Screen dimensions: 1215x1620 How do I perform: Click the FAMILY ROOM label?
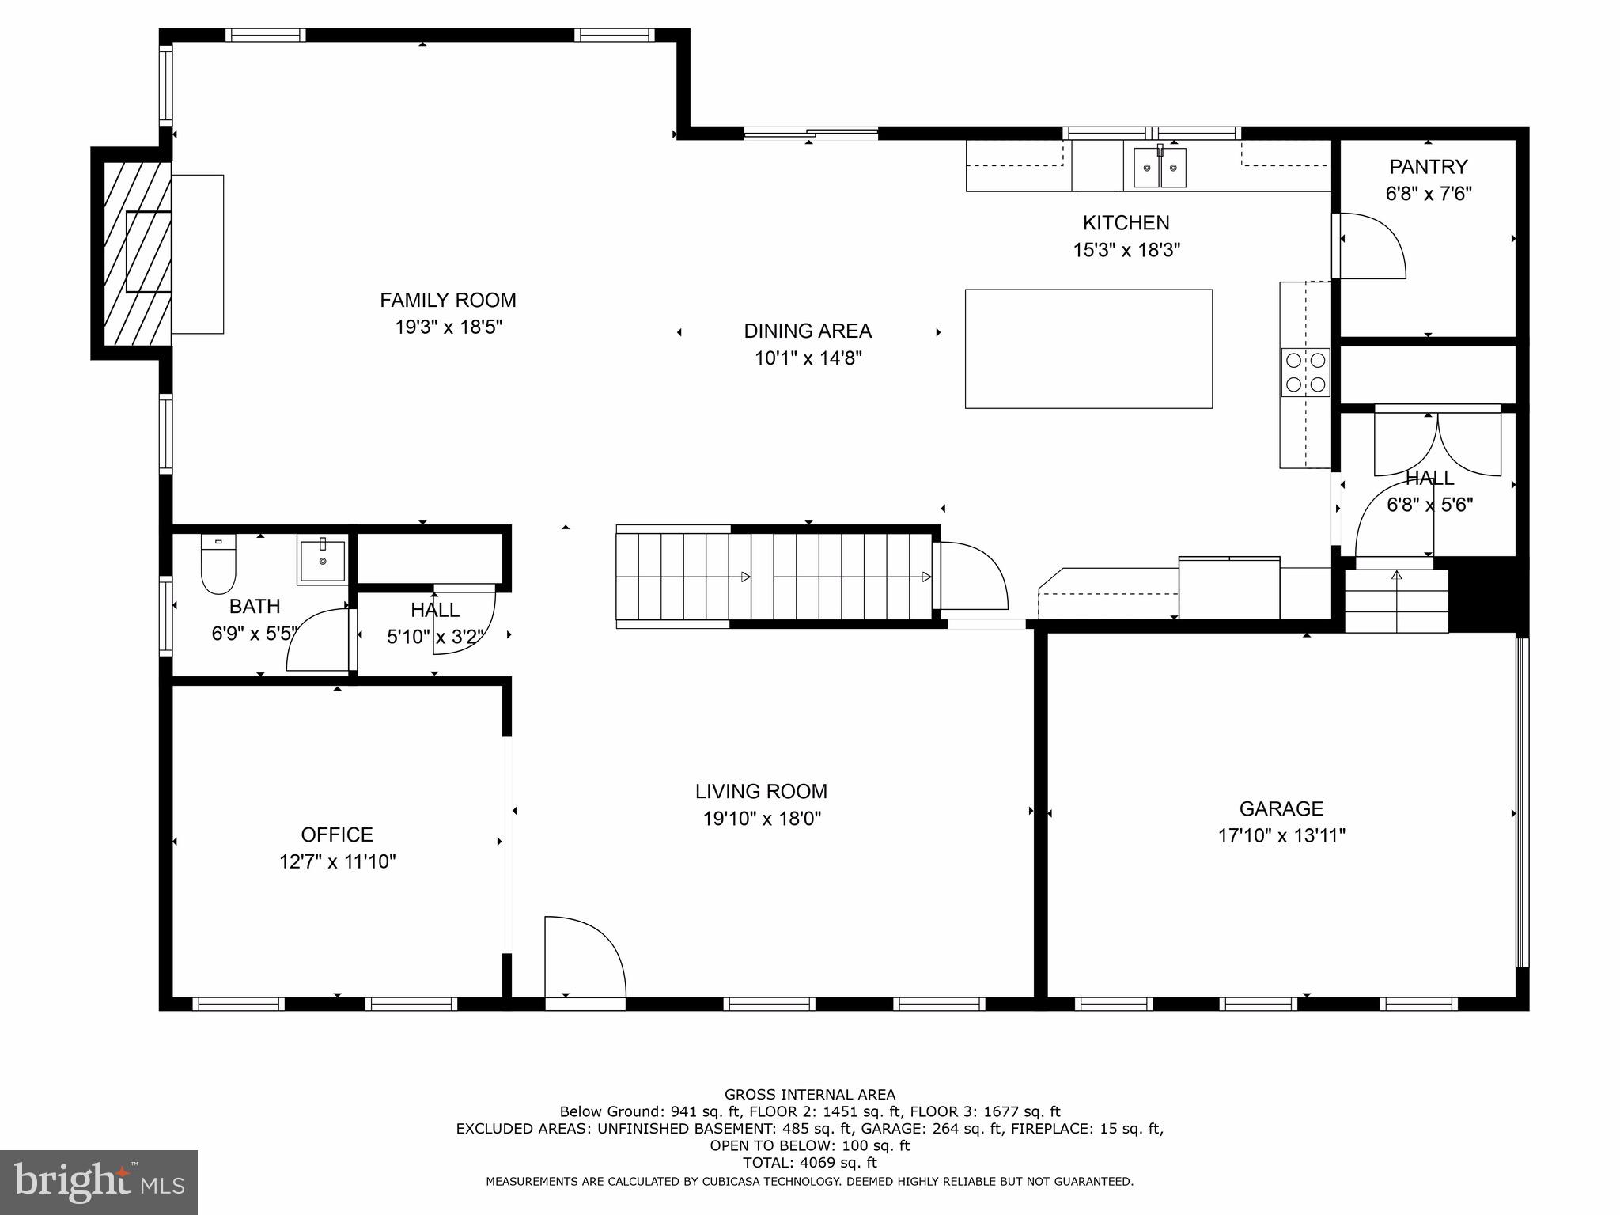[x=448, y=301]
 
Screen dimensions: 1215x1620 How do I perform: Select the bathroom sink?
[x=322, y=560]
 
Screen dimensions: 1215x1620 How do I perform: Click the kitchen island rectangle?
[x=1088, y=349]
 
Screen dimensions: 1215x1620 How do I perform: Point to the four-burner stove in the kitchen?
[x=1305, y=372]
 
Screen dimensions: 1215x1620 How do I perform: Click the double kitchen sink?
[x=1160, y=168]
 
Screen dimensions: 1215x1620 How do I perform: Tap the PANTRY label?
[x=1428, y=167]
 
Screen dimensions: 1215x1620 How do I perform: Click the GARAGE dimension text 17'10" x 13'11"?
[x=1281, y=836]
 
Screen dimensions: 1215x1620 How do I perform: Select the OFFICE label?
[x=337, y=835]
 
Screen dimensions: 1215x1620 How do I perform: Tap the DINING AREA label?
[x=808, y=331]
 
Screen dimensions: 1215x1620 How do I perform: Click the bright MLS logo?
[x=99, y=1182]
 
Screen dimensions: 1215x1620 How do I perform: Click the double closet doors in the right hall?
[x=1437, y=443]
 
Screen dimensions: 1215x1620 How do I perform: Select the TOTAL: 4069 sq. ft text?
[x=809, y=1162]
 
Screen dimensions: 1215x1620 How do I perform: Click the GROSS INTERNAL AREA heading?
[x=809, y=1095]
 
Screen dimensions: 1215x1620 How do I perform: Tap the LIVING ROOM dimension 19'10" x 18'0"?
[x=762, y=819]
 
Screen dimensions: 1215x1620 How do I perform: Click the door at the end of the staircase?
[x=971, y=575]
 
